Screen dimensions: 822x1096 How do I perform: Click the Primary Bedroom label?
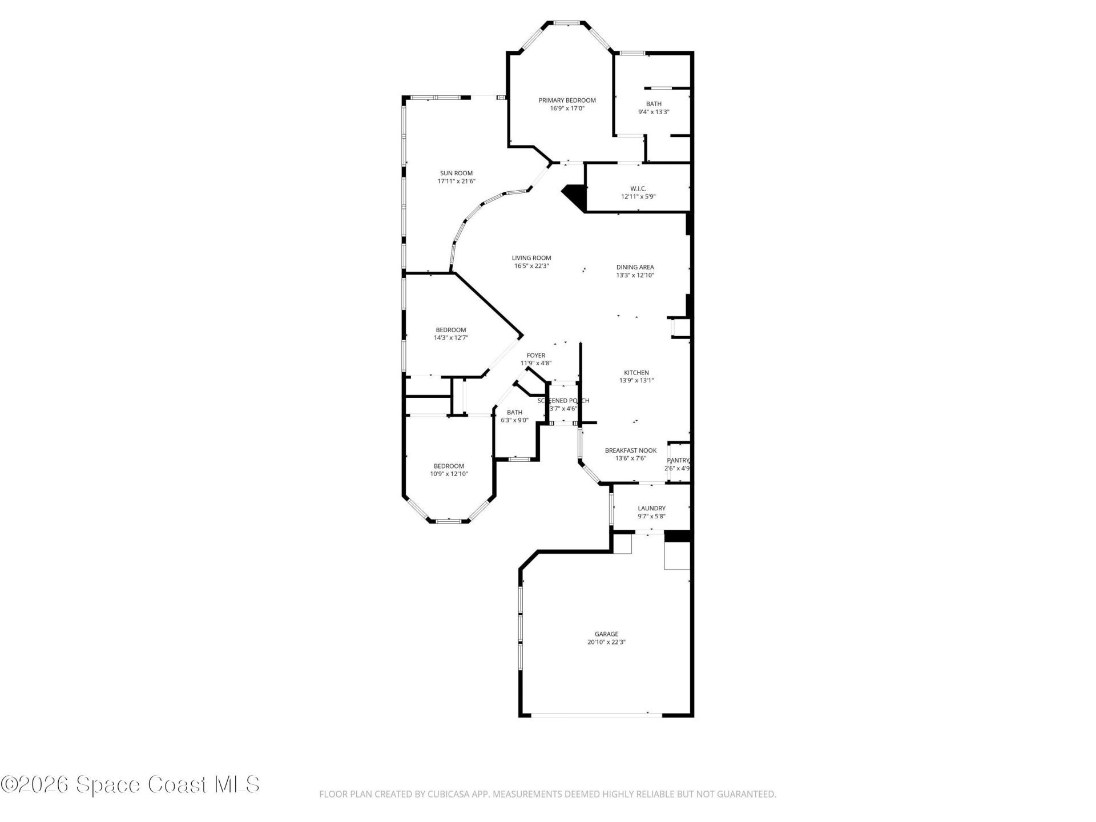click(567, 100)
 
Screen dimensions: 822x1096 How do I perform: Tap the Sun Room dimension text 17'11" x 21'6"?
click(456, 182)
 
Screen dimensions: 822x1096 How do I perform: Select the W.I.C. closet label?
click(638, 188)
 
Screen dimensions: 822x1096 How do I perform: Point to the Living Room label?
click(531, 258)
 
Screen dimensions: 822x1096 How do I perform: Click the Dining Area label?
click(635, 267)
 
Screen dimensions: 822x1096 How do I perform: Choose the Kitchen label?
click(636, 373)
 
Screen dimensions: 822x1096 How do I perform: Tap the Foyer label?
click(535, 356)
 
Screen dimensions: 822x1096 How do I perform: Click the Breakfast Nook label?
click(630, 450)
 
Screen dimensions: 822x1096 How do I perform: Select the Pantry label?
click(678, 461)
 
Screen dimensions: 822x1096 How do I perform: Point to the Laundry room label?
click(651, 508)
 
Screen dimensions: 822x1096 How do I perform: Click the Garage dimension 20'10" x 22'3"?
click(606, 642)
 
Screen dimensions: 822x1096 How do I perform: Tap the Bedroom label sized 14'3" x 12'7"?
click(451, 330)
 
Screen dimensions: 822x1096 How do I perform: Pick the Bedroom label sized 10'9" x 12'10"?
click(449, 466)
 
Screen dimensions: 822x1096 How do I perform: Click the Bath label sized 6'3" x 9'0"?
click(514, 412)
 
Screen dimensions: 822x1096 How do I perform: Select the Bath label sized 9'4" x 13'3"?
click(654, 104)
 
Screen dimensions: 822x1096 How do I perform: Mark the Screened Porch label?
click(563, 401)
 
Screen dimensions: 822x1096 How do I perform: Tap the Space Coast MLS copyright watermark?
click(130, 784)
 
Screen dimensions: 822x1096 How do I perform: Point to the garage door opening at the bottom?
click(596, 715)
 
